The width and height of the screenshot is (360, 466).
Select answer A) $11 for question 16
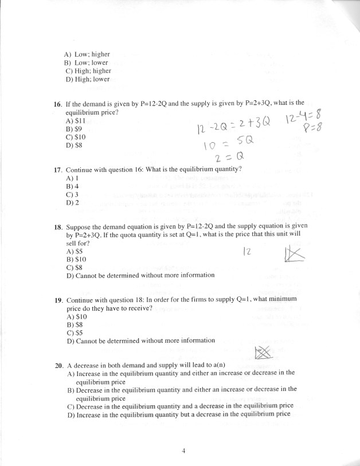(x=76, y=121)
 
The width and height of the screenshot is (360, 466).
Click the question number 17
(x=57, y=170)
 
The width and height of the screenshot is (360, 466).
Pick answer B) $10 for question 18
(x=76, y=259)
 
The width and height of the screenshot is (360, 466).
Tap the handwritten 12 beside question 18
(x=248, y=252)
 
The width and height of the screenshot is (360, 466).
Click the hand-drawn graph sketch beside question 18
(x=293, y=253)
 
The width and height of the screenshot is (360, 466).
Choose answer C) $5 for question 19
(x=75, y=332)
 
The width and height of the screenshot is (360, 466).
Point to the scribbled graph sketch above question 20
(x=262, y=353)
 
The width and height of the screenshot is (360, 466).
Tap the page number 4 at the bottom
(x=183, y=451)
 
